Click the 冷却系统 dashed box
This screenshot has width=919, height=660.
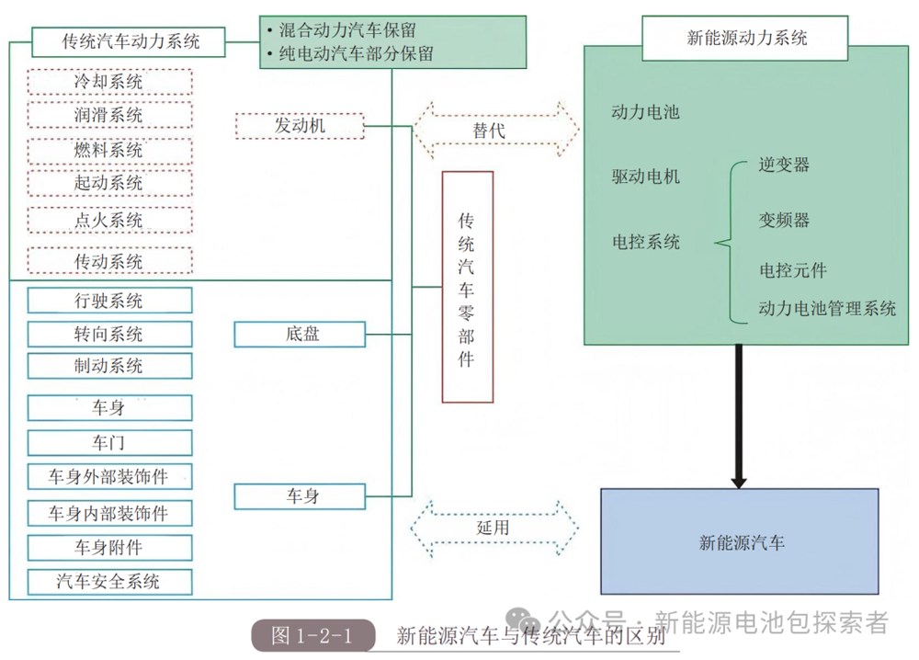[x=109, y=82]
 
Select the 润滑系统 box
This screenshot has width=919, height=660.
[x=109, y=115]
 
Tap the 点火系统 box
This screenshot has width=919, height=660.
[x=109, y=221]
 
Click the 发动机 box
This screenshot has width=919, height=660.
[x=300, y=126]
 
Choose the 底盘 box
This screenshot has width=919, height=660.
[x=300, y=334]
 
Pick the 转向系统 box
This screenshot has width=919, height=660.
[x=109, y=334]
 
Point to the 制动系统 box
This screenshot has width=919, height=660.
[x=109, y=366]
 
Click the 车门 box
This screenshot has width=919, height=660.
[x=109, y=443]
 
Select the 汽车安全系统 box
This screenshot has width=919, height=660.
[x=109, y=582]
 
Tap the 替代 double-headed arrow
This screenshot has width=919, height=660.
[x=495, y=131]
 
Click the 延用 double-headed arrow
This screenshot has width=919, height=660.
[x=495, y=529]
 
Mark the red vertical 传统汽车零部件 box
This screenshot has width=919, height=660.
[x=467, y=287]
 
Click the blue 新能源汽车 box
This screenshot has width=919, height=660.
[x=741, y=541]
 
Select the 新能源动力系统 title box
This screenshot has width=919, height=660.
[x=746, y=38]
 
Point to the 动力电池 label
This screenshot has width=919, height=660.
[x=645, y=113]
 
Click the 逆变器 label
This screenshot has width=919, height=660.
[x=784, y=165]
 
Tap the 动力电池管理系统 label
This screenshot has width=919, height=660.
[x=827, y=309]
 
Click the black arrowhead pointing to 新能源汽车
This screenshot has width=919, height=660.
[x=737, y=480]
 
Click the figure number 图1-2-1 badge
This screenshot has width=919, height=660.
[x=313, y=635]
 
